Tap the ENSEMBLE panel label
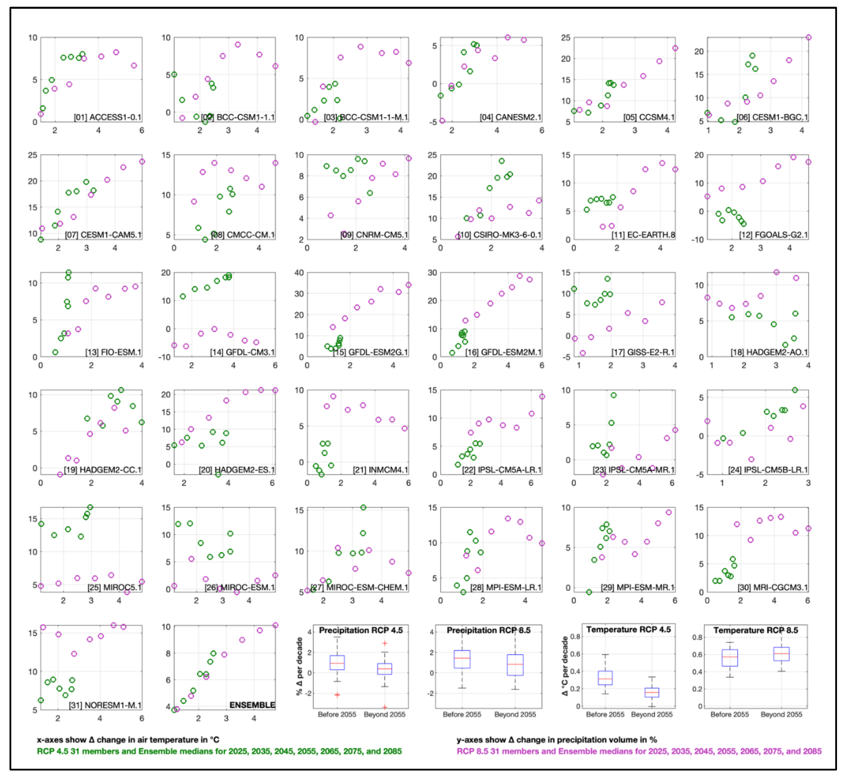(252, 705)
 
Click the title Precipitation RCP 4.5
(361, 630)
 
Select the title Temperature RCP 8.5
(755, 630)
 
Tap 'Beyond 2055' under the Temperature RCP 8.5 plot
(781, 714)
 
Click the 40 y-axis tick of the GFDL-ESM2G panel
(299, 273)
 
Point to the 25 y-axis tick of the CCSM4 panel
(565, 37)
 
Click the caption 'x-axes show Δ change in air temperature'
(128, 740)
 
